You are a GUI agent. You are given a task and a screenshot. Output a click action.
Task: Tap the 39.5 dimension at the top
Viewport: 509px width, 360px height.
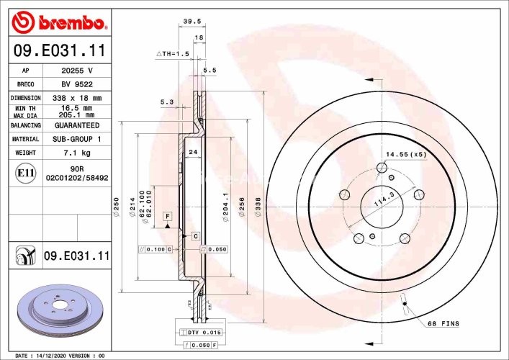tap(191, 22)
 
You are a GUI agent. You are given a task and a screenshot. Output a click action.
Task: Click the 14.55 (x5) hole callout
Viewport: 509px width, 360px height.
tap(406, 154)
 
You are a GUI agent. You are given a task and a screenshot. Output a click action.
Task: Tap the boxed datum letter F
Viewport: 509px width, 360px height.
tap(166, 216)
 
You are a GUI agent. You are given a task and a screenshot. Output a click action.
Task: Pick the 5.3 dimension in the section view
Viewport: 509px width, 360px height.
tap(167, 102)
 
